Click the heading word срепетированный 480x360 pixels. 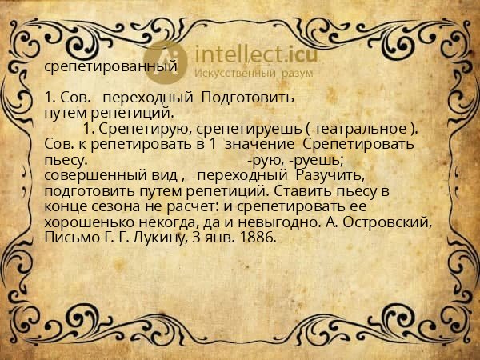(x=110, y=66)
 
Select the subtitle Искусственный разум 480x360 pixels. (x=254, y=73)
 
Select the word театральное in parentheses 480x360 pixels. (x=361, y=130)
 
